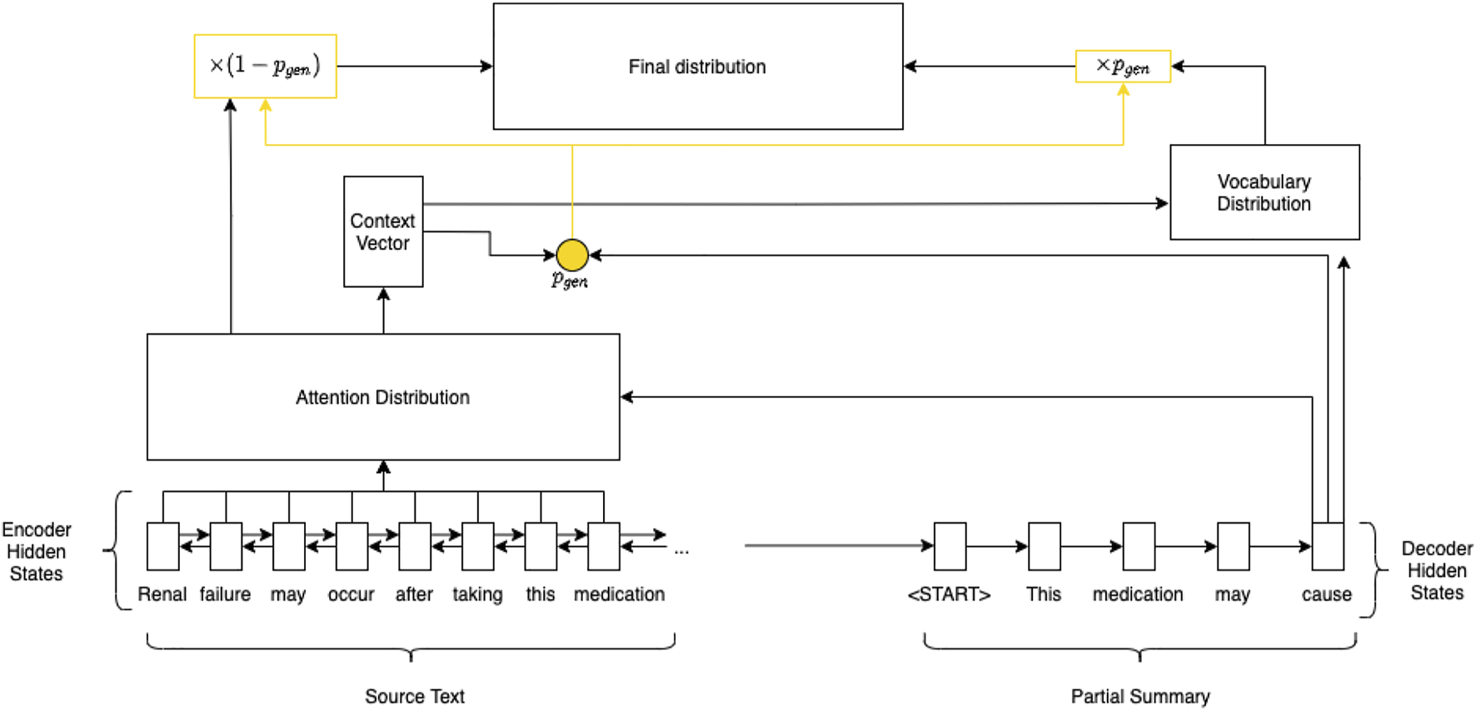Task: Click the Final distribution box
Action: point(697,67)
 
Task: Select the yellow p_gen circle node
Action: point(571,255)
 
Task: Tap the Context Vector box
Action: point(383,231)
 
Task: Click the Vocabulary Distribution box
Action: point(1264,192)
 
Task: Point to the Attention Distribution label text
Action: point(382,397)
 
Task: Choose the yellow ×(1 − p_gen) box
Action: point(265,66)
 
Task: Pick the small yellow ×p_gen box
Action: point(1122,67)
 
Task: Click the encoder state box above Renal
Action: point(162,546)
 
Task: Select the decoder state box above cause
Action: point(1327,546)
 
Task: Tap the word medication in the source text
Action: point(619,594)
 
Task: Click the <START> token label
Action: point(949,594)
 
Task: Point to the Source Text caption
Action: point(414,696)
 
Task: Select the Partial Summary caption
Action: point(1139,696)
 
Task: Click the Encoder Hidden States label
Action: point(37,551)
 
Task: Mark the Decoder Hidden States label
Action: point(1436,570)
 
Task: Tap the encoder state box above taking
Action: point(477,546)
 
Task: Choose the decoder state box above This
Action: point(1044,546)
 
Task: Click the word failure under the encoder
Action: point(225,594)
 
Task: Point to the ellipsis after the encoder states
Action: point(681,551)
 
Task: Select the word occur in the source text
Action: point(351,594)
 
